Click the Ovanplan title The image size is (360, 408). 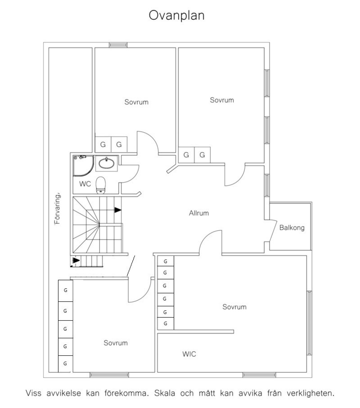[177, 16]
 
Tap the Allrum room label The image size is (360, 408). [199, 213]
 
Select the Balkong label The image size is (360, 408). [292, 228]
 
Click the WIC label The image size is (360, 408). [189, 354]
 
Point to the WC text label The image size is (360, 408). [85, 184]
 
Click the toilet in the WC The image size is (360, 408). [100, 185]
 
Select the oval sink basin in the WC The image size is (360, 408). [106, 163]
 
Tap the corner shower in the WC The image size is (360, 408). [83, 166]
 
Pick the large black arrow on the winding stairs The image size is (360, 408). [118, 210]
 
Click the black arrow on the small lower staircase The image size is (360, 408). [76, 261]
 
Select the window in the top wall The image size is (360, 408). [118, 45]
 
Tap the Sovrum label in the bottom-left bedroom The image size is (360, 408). [116, 343]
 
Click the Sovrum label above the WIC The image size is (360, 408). [234, 307]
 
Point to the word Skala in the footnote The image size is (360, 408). [165, 393]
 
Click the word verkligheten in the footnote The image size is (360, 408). [310, 393]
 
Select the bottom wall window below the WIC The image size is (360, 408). [259, 375]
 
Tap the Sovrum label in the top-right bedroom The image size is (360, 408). [222, 100]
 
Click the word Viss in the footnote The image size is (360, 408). [34, 393]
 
